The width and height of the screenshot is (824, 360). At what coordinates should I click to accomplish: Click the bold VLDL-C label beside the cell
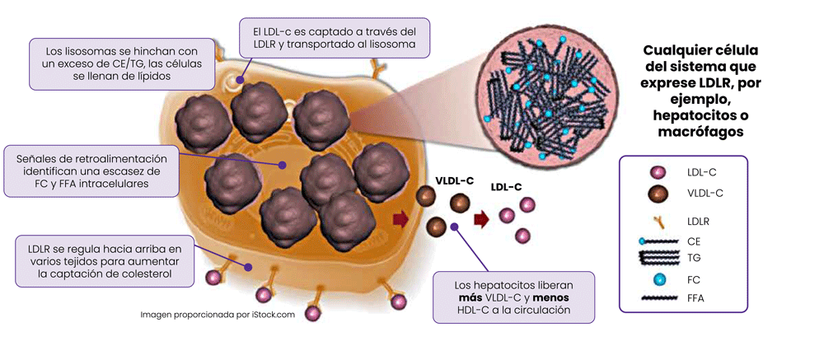click(x=455, y=180)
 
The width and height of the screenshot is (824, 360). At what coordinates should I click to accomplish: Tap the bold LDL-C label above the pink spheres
click(x=506, y=186)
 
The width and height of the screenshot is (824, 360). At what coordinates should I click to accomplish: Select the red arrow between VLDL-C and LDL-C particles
click(x=481, y=218)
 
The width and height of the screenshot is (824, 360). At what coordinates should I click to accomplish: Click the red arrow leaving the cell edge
click(x=401, y=218)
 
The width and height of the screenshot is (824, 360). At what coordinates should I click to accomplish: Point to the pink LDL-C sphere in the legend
click(x=658, y=171)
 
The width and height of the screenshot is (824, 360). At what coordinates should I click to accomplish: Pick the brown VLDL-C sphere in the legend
click(x=658, y=193)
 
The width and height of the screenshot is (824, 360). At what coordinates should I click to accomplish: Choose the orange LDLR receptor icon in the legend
click(x=659, y=221)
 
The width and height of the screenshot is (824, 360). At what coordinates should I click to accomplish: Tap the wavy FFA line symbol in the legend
click(x=661, y=298)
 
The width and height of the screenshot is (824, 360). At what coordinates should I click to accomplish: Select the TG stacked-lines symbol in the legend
click(x=661, y=258)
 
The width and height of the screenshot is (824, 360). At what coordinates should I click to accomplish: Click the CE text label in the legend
click(x=694, y=242)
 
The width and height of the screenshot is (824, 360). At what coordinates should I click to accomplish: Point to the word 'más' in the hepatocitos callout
click(x=468, y=298)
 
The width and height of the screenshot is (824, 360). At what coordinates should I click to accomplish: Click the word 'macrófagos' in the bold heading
click(x=700, y=131)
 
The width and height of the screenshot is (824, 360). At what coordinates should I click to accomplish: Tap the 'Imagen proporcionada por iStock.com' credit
click(x=218, y=315)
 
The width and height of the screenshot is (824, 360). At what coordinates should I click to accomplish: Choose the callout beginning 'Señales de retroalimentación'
click(x=91, y=171)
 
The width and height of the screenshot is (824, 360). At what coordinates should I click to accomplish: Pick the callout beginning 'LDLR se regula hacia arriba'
click(x=105, y=261)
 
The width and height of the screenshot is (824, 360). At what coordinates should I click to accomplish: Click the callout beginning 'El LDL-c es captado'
click(x=335, y=38)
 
